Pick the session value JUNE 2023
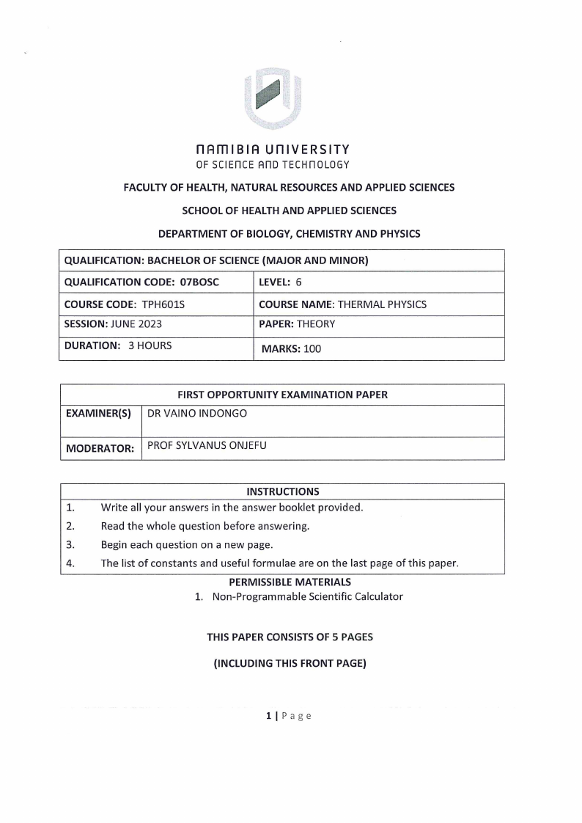134,323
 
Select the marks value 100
312,349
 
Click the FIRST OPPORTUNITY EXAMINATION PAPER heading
282,395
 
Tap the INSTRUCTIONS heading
282,491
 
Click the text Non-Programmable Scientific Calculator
307,596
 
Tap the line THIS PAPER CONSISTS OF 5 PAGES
290,637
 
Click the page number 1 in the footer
269,716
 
